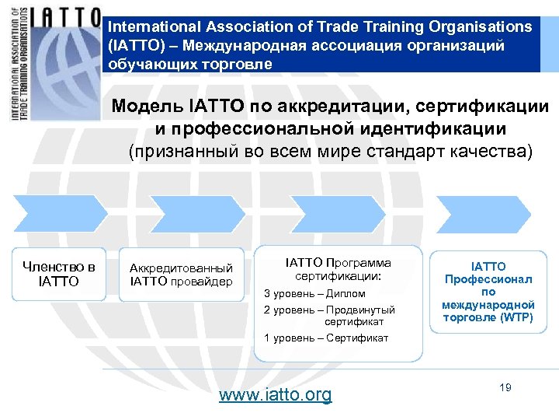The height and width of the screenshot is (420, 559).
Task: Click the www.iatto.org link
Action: click(275, 394)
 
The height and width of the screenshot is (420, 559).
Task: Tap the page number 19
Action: click(505, 387)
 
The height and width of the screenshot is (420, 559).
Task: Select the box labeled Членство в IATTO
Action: click(59, 274)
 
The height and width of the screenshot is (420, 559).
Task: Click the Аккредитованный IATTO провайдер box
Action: click(181, 274)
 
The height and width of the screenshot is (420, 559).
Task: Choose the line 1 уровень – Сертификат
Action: click(326, 338)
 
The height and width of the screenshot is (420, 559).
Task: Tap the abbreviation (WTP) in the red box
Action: click(516, 317)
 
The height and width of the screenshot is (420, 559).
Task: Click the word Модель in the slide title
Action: click(148, 107)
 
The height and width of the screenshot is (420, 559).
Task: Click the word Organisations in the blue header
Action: click(481, 26)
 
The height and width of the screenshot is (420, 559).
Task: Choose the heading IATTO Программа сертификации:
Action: click(339, 269)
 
